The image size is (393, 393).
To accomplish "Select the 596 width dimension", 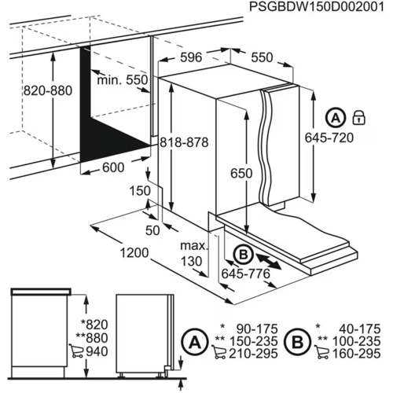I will click(189, 58).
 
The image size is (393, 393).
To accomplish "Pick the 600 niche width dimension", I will click(114, 167).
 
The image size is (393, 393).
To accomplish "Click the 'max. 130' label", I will click(192, 254).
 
